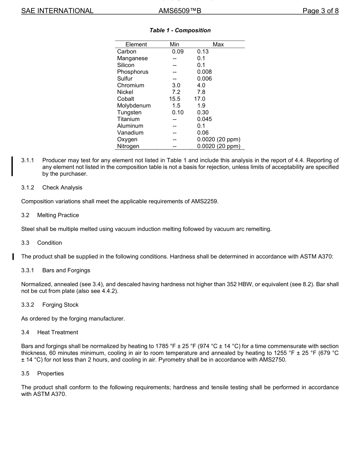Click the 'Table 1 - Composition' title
click(x=180, y=30)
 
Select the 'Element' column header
click(x=136, y=45)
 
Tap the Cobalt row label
click(x=125, y=99)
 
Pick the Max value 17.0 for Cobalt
click(x=200, y=99)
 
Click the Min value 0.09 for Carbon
click(x=177, y=51)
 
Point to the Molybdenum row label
click(x=134, y=106)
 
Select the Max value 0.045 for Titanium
click(x=205, y=119)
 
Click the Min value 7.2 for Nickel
click(x=176, y=92)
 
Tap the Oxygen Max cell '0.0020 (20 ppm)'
click(x=219, y=139)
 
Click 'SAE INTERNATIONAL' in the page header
click(x=57, y=11)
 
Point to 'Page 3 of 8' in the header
click(x=320, y=11)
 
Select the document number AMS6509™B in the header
click(x=180, y=11)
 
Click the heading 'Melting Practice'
click(x=58, y=215)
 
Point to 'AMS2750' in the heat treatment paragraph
click(x=273, y=360)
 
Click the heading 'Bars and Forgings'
click(x=66, y=270)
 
